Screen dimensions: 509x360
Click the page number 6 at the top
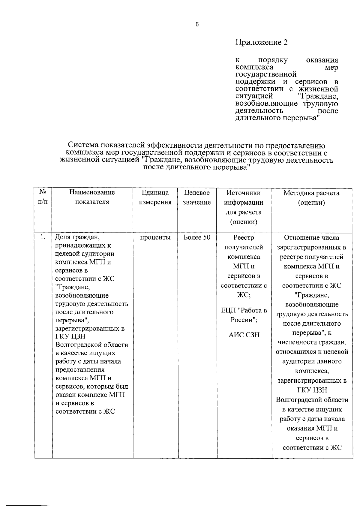(x=197, y=25)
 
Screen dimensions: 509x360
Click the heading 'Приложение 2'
(x=261, y=42)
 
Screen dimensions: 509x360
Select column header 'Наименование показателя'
(x=92, y=197)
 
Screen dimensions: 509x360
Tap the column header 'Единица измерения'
(x=155, y=197)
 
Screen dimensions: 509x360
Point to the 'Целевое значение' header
(x=197, y=197)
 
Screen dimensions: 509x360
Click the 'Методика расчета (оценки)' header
(x=311, y=197)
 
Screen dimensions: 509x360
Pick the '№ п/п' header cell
(x=43, y=197)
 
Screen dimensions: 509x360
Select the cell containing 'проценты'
(x=155, y=238)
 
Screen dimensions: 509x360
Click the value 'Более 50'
(x=197, y=238)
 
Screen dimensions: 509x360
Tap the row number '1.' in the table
(x=43, y=237)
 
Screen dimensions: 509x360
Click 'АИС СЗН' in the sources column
(x=244, y=335)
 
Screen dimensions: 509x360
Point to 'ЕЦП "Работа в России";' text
(x=244, y=315)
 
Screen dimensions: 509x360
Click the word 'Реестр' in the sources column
(x=244, y=238)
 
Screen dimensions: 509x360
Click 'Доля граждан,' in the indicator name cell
(x=77, y=237)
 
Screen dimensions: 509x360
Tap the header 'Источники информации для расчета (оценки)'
(x=244, y=207)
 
